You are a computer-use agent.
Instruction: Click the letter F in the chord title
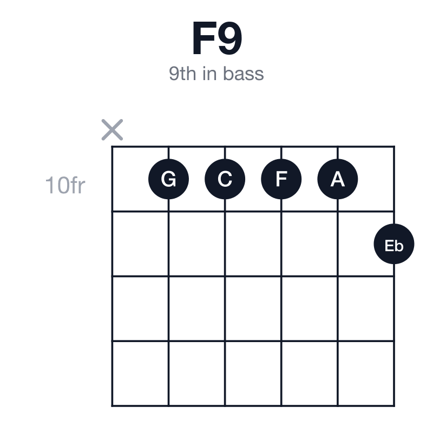pyautogui.click(x=205, y=38)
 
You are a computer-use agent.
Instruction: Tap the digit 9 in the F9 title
pyautogui.click(x=230, y=38)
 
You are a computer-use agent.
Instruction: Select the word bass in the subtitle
pyautogui.click(x=243, y=74)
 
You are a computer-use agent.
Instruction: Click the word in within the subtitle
pyautogui.click(x=209, y=74)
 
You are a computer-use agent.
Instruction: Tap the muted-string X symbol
pyautogui.click(x=112, y=130)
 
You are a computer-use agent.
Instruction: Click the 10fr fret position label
pyautogui.click(x=65, y=185)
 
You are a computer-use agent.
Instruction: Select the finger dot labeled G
pyautogui.click(x=168, y=179)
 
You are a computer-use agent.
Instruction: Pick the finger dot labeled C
pyautogui.click(x=225, y=179)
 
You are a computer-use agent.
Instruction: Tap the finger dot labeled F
pyautogui.click(x=281, y=179)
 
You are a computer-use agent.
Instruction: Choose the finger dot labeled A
pyautogui.click(x=337, y=179)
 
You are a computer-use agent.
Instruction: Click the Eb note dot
pyautogui.click(x=394, y=244)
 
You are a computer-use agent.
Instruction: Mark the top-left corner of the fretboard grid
pyautogui.click(x=112, y=147)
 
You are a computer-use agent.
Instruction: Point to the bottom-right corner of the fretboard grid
pyautogui.click(x=394, y=405)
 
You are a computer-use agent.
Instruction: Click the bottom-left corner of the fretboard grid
pyautogui.click(x=112, y=405)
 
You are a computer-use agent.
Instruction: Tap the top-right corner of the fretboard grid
pyautogui.click(x=394, y=147)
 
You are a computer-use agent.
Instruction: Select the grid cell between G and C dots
pyautogui.click(x=196, y=179)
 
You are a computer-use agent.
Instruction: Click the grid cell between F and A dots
pyautogui.click(x=309, y=179)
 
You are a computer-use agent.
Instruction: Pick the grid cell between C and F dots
pyautogui.click(x=253, y=179)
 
